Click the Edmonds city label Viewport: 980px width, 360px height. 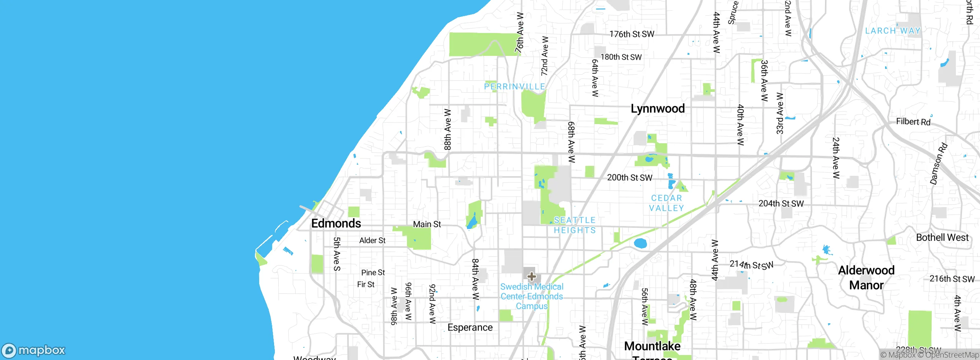point(336,223)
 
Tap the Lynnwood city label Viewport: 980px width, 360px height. point(658,108)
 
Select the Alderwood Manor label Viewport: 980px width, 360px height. point(866,278)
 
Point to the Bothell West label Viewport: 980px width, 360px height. point(942,237)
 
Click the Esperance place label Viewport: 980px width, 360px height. point(470,327)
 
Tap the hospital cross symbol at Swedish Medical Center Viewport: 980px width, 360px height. point(531,277)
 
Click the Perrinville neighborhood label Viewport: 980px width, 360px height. point(514,87)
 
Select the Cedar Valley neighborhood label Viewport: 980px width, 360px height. point(666,203)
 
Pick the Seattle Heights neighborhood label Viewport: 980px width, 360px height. point(575,225)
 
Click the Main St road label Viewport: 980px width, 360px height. point(427,224)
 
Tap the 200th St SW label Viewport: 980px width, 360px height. point(629,178)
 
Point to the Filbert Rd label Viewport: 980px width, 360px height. point(913,122)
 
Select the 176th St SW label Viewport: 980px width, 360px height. point(632,34)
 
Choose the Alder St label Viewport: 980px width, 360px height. point(372,241)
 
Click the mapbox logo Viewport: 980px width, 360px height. point(34,350)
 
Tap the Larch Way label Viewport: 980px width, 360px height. point(893,31)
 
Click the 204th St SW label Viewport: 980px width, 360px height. point(781,204)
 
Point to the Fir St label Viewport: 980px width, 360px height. point(366,285)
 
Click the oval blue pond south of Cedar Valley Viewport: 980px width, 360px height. point(640,243)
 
